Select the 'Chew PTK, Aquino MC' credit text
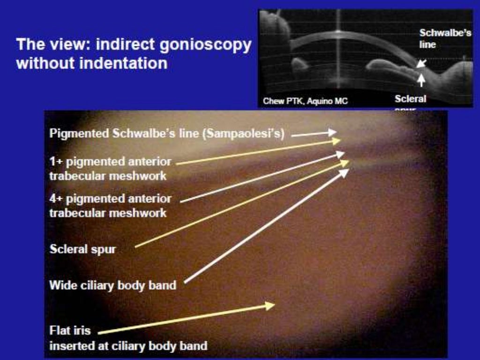click(305, 100)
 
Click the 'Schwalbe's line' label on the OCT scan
click(444, 38)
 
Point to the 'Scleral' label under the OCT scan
click(410, 99)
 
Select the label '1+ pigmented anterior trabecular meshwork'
click(111, 169)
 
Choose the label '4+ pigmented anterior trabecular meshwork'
click(111, 205)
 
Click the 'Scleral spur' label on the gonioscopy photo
click(82, 249)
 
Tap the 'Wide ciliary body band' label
click(113, 285)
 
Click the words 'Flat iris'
click(70, 330)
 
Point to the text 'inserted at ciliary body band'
click(128, 346)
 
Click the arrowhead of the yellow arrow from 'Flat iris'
click(270, 305)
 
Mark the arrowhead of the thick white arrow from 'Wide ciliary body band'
click(345, 172)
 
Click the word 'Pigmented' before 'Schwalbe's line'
click(79, 134)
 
